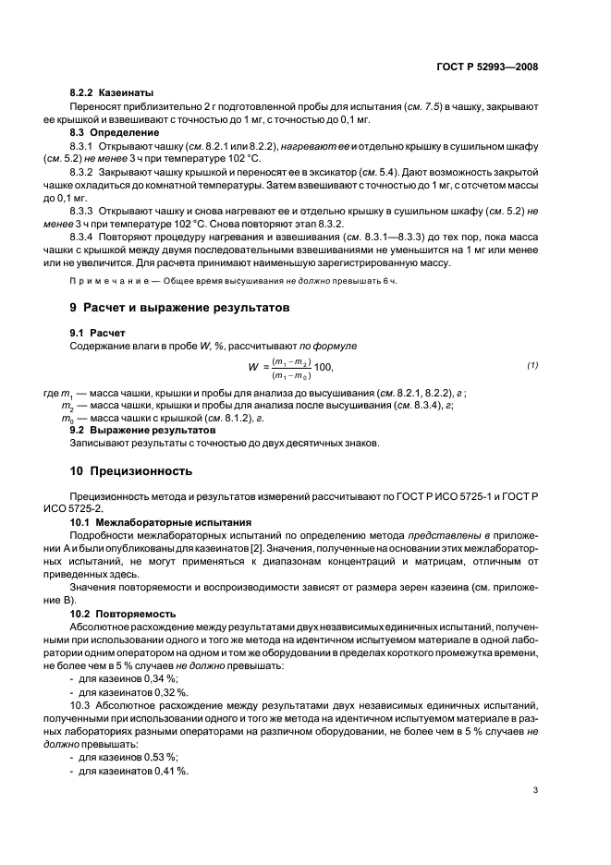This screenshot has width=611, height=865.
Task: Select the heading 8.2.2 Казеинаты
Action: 112,93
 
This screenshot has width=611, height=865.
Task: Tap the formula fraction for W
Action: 290,368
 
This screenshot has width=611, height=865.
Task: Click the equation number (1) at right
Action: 532,365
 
